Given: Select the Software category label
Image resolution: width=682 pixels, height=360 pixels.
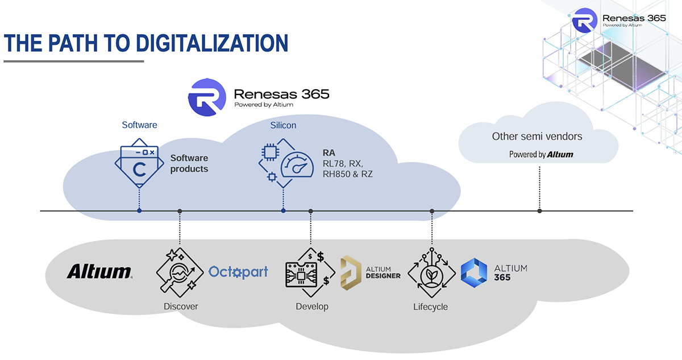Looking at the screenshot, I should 139,125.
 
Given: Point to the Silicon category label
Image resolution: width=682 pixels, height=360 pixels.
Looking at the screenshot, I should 283,125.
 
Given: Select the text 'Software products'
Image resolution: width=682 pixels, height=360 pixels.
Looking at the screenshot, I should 189,163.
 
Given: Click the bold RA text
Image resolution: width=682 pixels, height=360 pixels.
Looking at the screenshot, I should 329,153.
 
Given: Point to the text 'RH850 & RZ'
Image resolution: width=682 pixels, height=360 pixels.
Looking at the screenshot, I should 347,174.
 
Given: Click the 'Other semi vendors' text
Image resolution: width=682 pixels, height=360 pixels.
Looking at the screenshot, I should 537,136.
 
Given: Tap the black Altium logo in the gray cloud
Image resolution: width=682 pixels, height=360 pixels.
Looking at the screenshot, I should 100,272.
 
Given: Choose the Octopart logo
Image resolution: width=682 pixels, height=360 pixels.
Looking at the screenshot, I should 238,272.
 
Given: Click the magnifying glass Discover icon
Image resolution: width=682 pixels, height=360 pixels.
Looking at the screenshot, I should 180,272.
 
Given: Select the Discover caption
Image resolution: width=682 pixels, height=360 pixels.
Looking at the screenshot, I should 181,307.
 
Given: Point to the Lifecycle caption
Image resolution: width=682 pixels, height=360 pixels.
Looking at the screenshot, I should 430,307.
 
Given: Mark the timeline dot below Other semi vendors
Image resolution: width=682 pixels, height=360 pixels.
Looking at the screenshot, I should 539,211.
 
